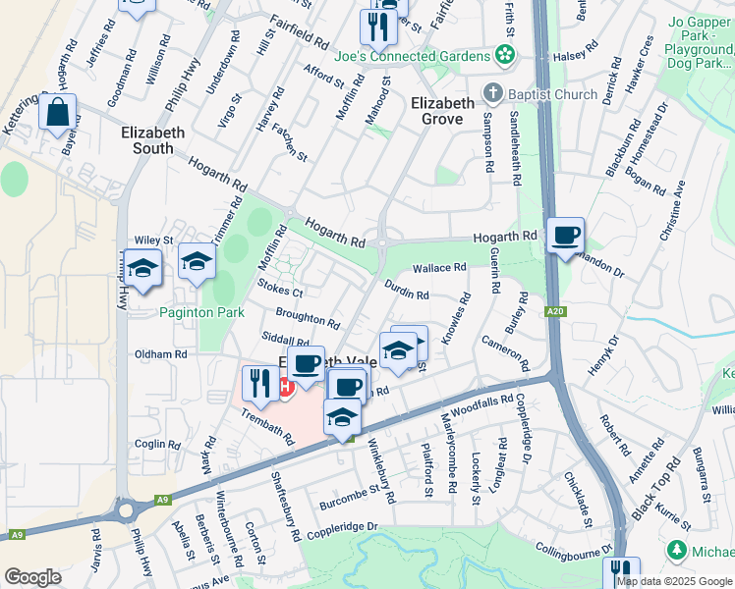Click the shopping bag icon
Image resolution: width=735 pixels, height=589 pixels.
click(58, 114)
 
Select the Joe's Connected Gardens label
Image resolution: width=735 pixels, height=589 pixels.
click(412, 56)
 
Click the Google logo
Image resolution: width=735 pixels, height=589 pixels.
click(32, 577)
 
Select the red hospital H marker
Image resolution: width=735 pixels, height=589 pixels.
click(286, 387)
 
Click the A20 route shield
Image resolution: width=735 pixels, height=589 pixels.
click(556, 311)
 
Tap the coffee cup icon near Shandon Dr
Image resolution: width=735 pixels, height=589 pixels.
click(565, 236)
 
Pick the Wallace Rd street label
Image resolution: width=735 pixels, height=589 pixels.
click(439, 268)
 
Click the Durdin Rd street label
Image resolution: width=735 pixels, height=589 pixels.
click(407, 294)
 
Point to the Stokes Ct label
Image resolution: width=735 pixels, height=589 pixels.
click(280, 291)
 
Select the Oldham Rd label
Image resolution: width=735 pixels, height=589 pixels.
click(160, 353)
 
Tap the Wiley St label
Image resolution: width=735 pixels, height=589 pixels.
click(153, 240)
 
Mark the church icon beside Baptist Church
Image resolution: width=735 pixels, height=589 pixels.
click(492, 95)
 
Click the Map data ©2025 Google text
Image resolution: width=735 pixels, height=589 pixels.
click(675, 580)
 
